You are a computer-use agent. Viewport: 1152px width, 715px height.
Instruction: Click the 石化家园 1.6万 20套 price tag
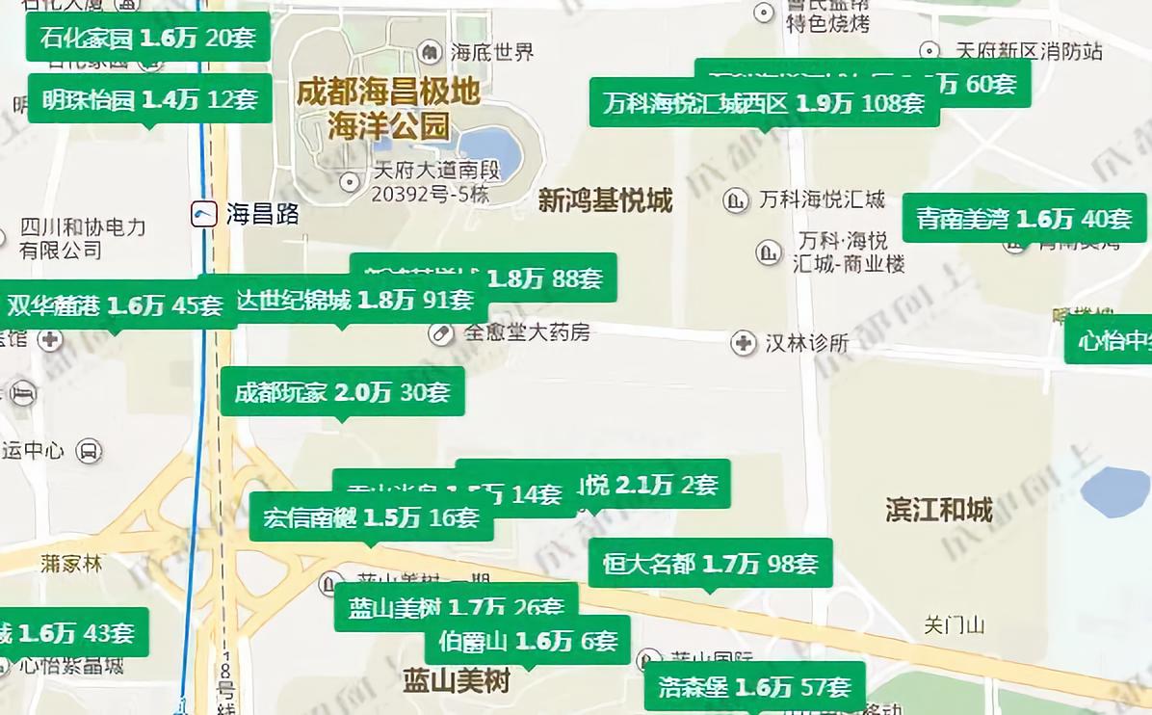click(147, 38)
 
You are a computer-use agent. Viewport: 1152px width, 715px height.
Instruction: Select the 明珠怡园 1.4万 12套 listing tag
click(149, 98)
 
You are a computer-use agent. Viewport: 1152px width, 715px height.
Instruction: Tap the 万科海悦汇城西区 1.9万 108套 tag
click(764, 103)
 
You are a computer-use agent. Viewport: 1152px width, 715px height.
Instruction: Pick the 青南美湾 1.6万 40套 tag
click(1024, 219)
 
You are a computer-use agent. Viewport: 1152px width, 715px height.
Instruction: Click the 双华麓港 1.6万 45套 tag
click(115, 305)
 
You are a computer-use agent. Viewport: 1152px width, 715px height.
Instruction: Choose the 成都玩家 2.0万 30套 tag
click(342, 392)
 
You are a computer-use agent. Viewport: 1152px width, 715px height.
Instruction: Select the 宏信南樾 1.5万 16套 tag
click(371, 517)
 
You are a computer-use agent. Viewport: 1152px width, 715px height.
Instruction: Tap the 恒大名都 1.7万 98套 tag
click(710, 564)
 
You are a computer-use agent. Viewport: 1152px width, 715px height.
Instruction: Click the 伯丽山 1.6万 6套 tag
click(527, 641)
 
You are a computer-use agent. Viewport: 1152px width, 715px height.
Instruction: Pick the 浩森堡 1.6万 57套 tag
click(754, 687)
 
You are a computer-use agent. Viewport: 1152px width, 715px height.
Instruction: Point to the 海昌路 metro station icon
click(204, 214)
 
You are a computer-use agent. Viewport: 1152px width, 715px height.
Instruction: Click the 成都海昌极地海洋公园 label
click(388, 109)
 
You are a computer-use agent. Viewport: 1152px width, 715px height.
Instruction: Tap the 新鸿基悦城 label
click(605, 201)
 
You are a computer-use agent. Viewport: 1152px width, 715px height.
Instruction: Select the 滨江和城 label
click(938, 510)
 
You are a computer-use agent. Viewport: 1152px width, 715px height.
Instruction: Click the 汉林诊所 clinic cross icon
click(743, 343)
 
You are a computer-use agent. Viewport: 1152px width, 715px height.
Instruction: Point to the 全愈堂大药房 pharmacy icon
click(441, 333)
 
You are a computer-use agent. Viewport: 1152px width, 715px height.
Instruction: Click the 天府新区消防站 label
click(1028, 51)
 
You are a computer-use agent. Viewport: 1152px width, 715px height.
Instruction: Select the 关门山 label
click(954, 625)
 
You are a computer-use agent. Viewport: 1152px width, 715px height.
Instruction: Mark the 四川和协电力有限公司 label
click(83, 238)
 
